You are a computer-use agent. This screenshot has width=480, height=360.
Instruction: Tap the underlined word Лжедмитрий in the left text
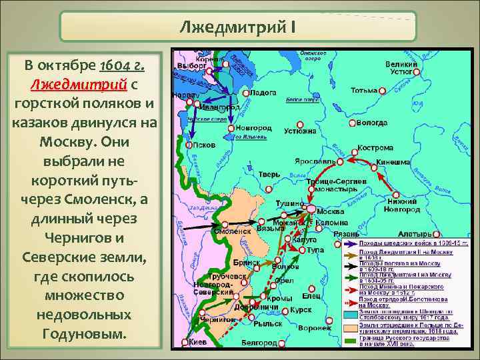click(x=79, y=85)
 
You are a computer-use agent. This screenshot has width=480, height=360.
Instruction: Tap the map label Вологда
click(x=371, y=123)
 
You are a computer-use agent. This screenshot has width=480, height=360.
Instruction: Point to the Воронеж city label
click(x=315, y=328)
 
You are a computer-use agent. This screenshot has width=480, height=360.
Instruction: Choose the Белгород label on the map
click(x=260, y=342)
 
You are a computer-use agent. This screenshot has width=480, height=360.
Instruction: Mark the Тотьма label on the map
click(x=363, y=90)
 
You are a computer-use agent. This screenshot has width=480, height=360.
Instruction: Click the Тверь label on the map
click(x=269, y=174)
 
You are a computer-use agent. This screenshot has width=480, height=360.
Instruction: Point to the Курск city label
click(x=301, y=310)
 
